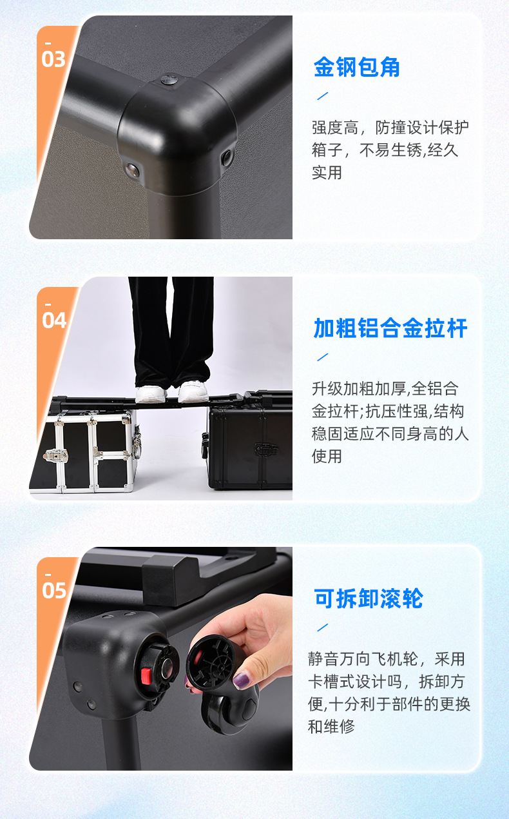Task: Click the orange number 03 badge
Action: point(53,59)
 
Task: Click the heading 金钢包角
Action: point(356,67)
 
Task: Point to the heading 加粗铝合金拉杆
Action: point(390,328)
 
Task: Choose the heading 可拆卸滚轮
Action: point(369,598)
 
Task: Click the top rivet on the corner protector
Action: point(169,79)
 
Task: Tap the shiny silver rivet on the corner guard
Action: point(132,170)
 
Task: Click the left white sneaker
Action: point(151,394)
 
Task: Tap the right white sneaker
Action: point(193,391)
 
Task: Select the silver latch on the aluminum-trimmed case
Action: point(55,455)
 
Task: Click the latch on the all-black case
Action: point(266,449)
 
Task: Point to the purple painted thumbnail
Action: point(241,680)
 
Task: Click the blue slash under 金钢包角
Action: point(323,96)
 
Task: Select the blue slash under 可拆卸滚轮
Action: point(323,627)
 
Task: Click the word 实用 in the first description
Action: point(327,173)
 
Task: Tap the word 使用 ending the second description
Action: point(327,457)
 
